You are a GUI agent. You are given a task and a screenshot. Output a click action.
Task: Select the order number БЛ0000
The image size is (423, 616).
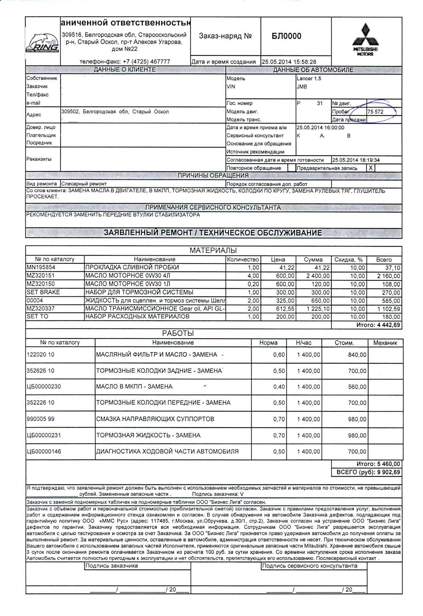point(286,36)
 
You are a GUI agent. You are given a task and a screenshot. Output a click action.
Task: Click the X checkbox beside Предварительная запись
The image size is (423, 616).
point(371,168)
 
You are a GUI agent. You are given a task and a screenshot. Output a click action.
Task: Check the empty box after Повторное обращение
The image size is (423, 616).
point(292,168)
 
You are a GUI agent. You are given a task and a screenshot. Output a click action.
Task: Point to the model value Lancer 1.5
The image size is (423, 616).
point(309,79)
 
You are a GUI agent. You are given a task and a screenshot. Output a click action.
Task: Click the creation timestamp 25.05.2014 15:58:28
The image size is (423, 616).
point(289,62)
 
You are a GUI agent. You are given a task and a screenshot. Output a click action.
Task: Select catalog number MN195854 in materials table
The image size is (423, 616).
point(41,267)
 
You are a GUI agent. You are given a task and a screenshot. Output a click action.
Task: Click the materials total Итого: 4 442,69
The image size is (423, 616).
point(378,325)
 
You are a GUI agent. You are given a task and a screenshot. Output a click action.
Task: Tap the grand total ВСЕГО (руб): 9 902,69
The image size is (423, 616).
point(368,472)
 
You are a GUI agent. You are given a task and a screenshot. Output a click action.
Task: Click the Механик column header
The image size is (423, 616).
point(385,343)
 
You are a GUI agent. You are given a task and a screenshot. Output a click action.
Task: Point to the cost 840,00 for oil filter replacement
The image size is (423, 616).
point(357,355)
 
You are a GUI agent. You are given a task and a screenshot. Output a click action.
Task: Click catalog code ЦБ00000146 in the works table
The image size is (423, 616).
point(44,451)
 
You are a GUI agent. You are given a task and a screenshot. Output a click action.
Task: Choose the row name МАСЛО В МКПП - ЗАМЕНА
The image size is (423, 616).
point(134,387)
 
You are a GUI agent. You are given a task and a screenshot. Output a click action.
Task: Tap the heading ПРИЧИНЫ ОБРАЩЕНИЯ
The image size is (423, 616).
point(213,175)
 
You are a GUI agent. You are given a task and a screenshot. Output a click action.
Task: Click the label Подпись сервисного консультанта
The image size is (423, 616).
point(310,566)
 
